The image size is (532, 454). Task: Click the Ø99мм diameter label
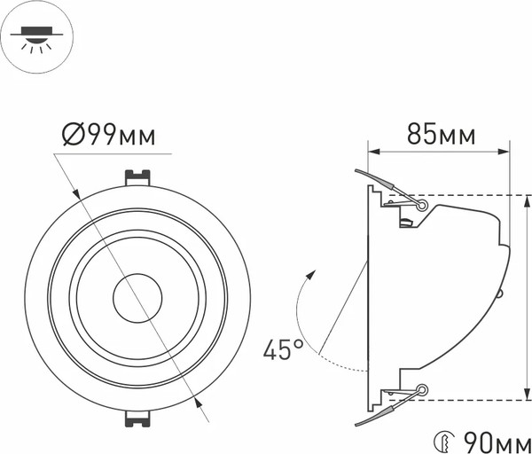[x=109, y=135]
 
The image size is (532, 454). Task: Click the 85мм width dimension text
[x=441, y=136]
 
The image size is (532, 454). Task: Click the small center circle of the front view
[x=136, y=299]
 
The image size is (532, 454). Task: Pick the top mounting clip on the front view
[x=136, y=176]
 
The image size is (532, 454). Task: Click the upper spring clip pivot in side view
[x=421, y=205]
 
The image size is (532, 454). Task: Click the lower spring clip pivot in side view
[x=421, y=389]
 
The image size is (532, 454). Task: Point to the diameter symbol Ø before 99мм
[x=74, y=135]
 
